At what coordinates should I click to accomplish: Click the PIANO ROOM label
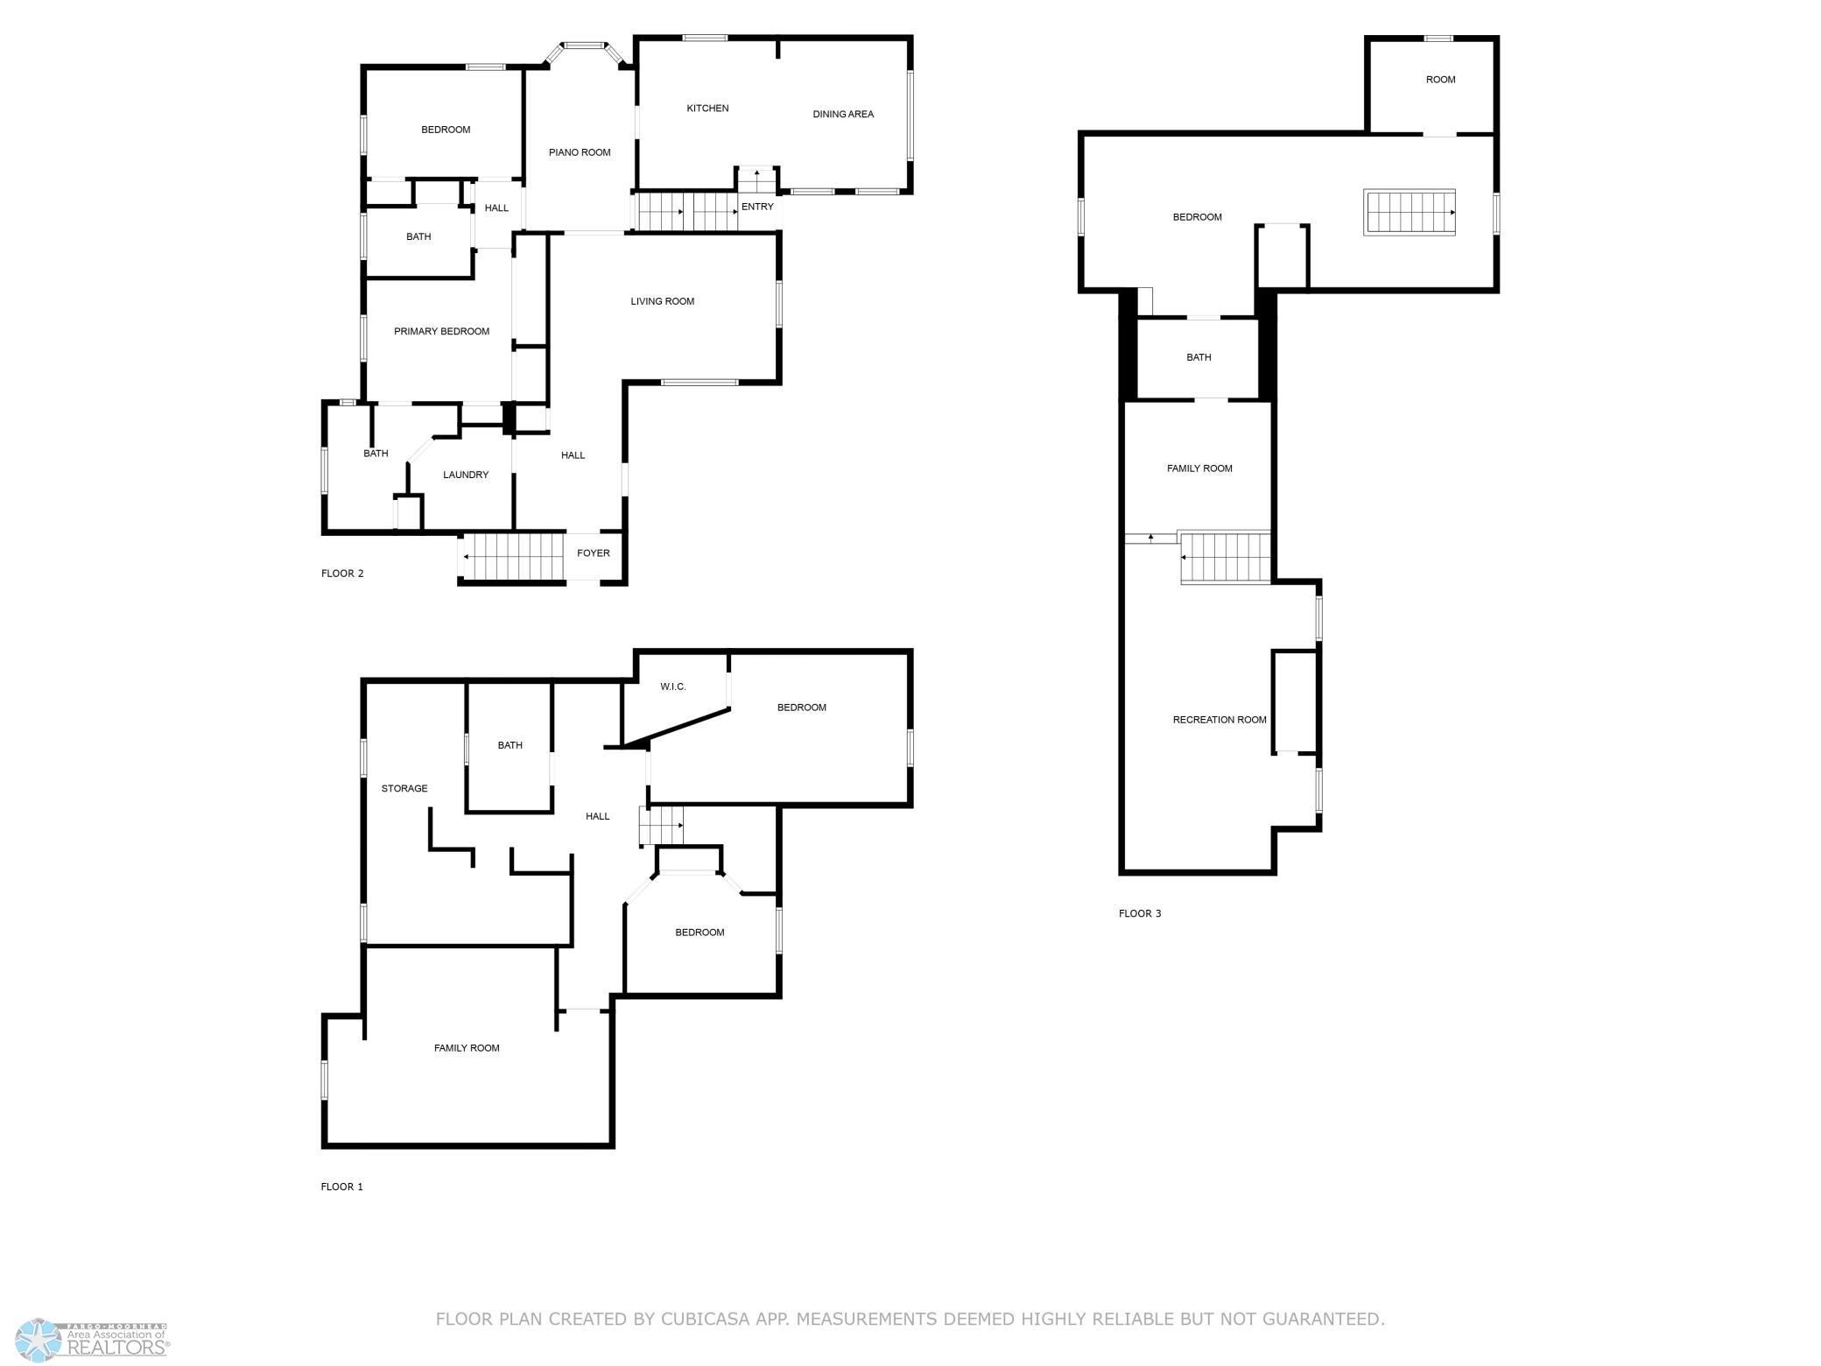[x=580, y=152]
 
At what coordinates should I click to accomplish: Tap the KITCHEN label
[x=707, y=109]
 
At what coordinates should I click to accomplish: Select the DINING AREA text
[x=843, y=114]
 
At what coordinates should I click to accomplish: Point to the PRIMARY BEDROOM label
[x=441, y=331]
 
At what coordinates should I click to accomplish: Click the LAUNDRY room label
[x=466, y=475]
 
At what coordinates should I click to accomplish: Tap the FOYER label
[x=594, y=553]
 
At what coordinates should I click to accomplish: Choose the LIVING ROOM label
[x=663, y=301]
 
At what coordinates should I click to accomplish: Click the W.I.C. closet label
[x=673, y=687]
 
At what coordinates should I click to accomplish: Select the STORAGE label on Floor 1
[x=404, y=788]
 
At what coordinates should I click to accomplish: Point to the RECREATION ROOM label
[x=1220, y=720]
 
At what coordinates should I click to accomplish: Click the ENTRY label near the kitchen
[x=757, y=207]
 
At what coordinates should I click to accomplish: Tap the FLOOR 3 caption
[x=1140, y=913]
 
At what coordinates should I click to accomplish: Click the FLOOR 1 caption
[x=341, y=1186]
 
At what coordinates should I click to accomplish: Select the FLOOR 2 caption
[x=342, y=574]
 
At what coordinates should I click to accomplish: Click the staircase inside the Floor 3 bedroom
[x=1410, y=213]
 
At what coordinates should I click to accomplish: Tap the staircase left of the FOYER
[x=512, y=557]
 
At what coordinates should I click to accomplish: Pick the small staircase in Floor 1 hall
[x=661, y=825]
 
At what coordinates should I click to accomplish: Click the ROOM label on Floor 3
[x=1440, y=80]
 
